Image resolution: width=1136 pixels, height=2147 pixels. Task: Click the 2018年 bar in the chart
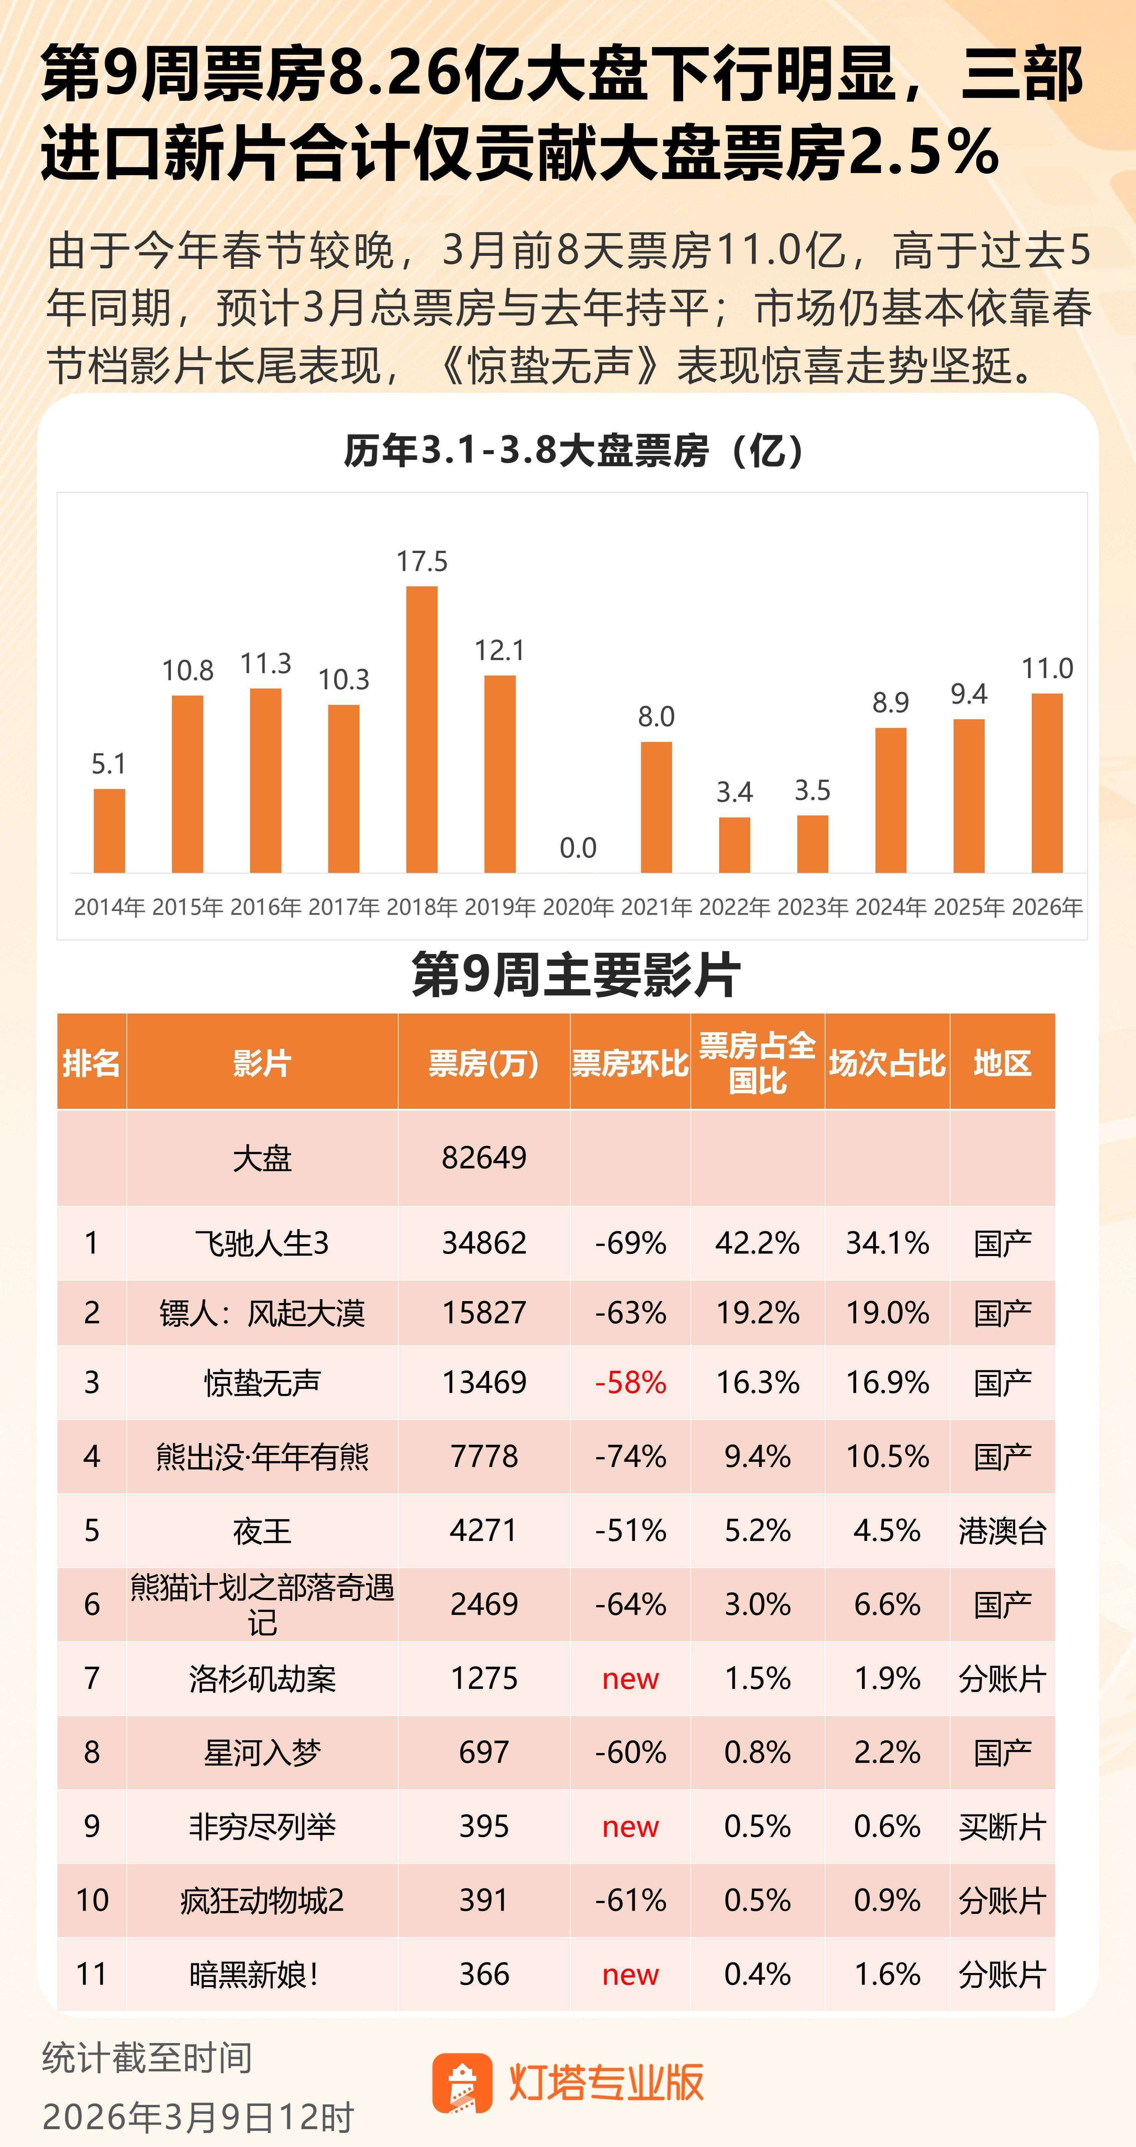(x=422, y=729)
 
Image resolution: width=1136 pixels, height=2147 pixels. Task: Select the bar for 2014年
(x=109, y=831)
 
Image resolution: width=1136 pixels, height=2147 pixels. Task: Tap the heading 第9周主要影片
(x=575, y=974)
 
